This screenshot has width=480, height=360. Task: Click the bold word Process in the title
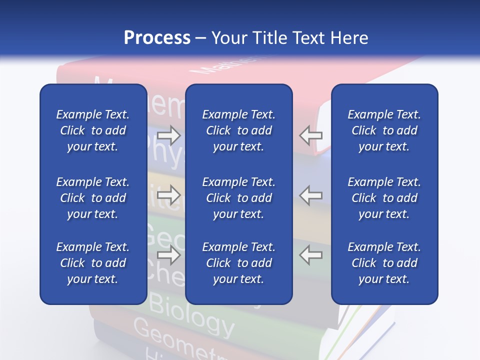coord(157,38)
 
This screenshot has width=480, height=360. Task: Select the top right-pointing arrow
coord(169,135)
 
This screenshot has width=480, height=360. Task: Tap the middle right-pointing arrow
coord(169,195)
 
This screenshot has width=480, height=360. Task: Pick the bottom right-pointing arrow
coord(169,255)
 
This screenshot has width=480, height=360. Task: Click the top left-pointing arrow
coord(311,135)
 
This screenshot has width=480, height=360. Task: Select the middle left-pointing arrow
coord(311,195)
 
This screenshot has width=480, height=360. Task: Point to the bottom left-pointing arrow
coord(311,255)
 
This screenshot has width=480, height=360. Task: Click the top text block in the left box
coord(93,130)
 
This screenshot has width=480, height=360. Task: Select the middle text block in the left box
coord(93,198)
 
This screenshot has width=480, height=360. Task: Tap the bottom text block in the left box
coord(93,263)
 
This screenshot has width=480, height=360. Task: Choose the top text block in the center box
coord(238,130)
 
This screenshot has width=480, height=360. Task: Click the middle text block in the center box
coord(238,198)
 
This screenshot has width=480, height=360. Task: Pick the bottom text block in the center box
coord(238,263)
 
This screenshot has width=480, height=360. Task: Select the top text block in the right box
coord(384,130)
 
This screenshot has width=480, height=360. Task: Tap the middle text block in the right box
coord(384,198)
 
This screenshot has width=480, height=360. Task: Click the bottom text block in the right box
coord(384,263)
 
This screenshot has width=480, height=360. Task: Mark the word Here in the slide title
coord(348,38)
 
